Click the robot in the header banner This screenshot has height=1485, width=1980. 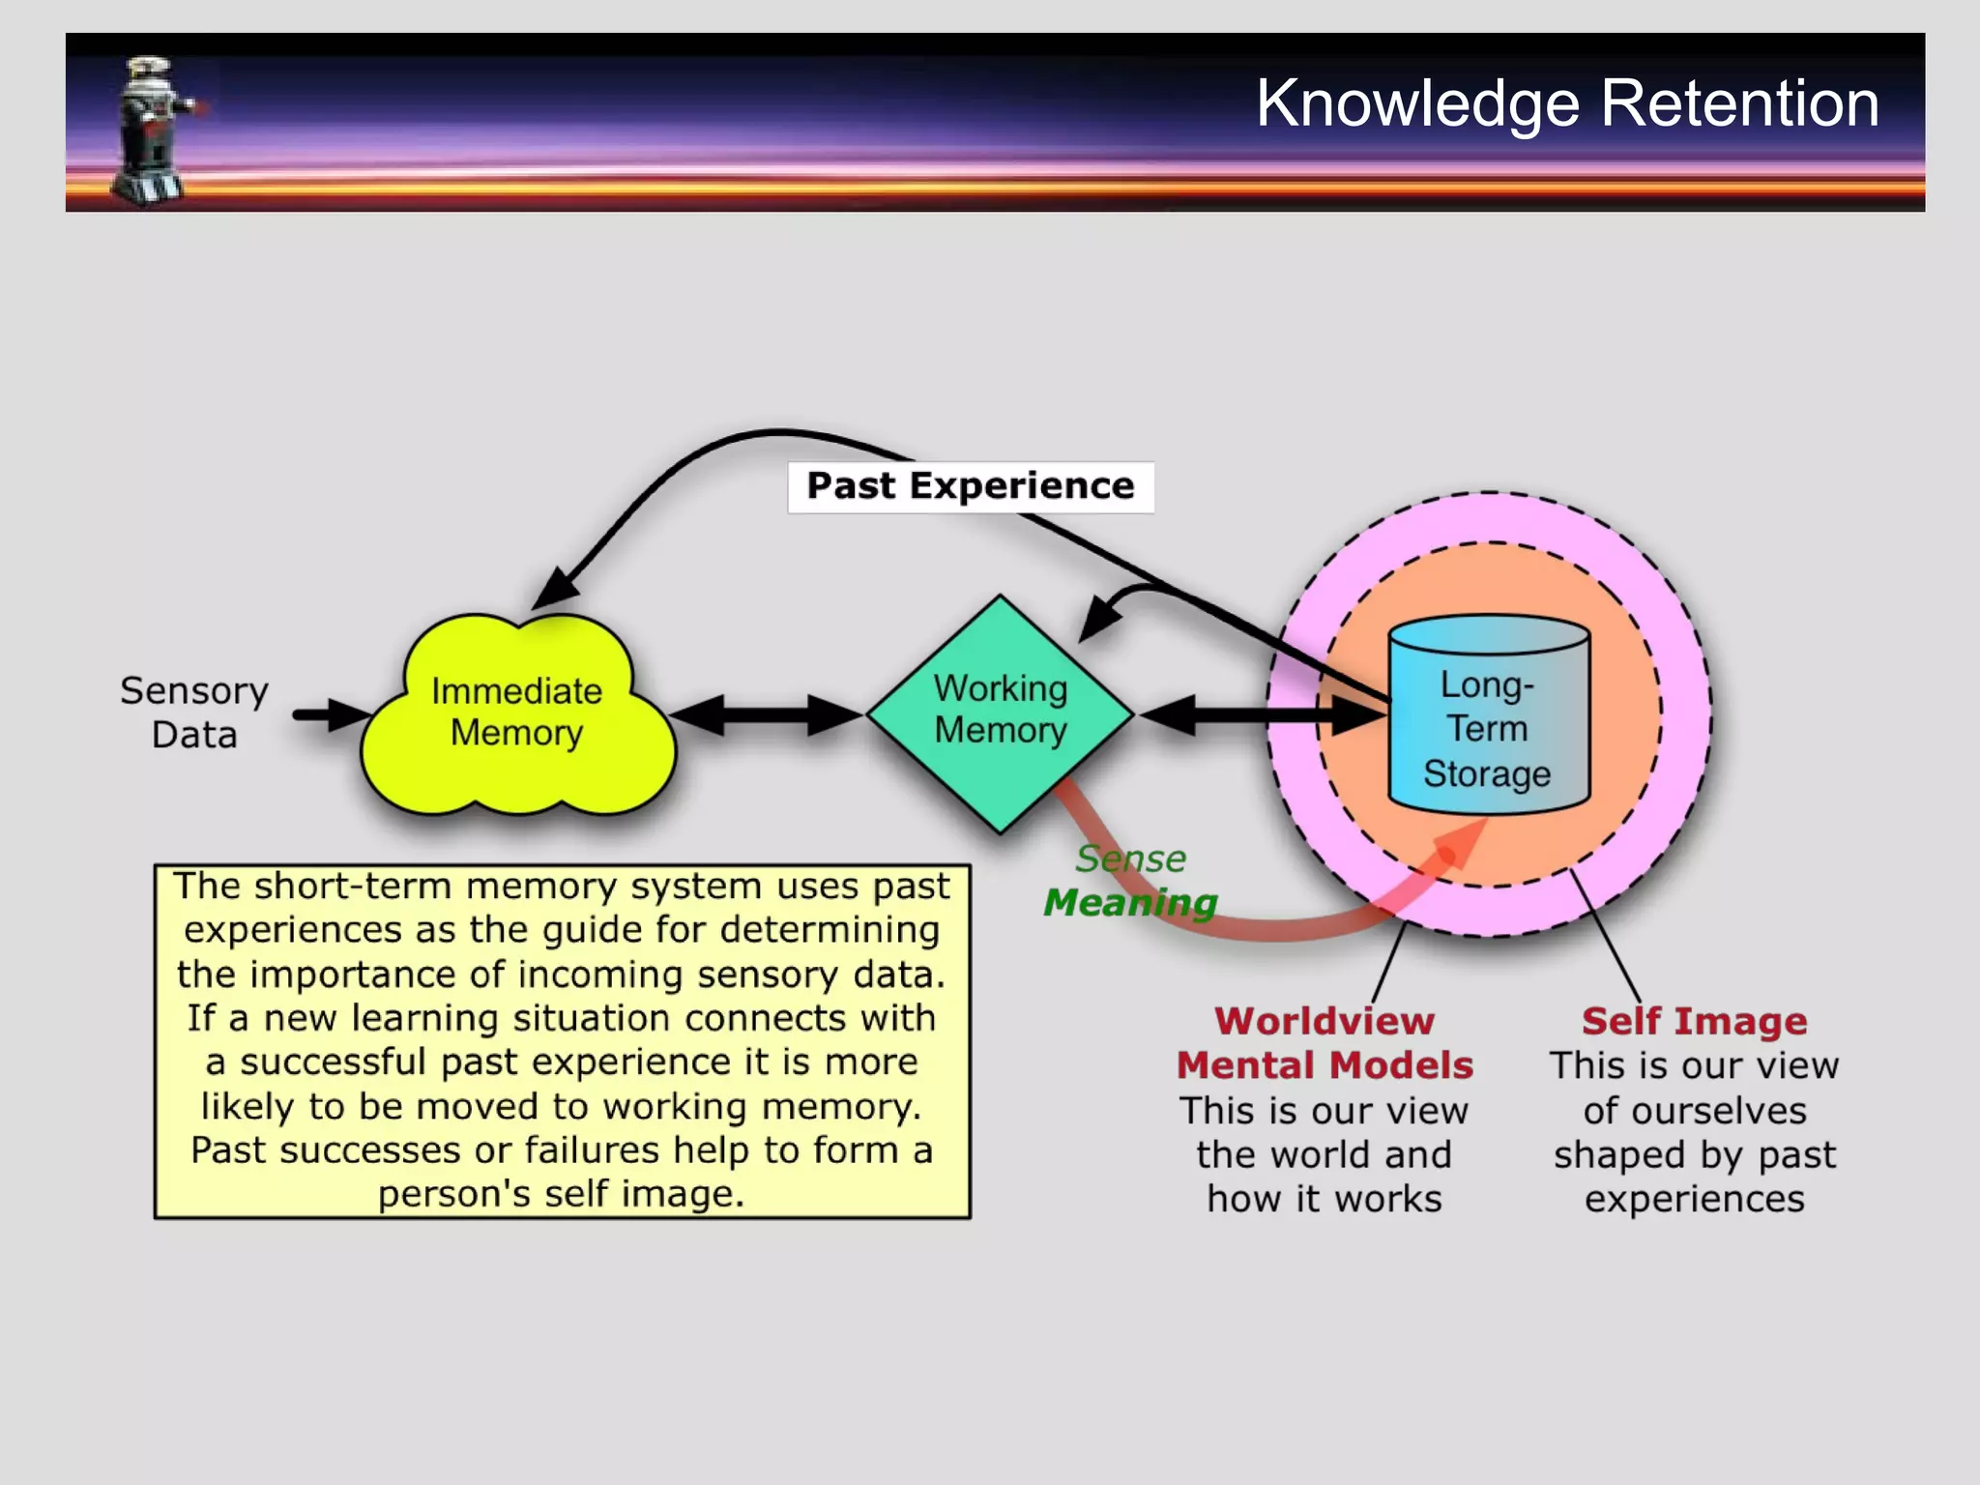[152, 131]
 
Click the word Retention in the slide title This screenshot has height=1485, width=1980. [1739, 103]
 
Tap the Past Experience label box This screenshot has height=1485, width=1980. [970, 486]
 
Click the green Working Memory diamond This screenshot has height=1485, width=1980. [1001, 715]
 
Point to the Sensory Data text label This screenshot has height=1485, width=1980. [194, 713]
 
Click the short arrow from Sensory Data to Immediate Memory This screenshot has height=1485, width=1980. [329, 715]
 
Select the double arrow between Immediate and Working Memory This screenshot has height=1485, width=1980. [766, 715]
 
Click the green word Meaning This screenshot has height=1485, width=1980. [1130, 903]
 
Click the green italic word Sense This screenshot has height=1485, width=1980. [1130, 859]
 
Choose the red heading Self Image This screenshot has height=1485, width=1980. [1694, 1021]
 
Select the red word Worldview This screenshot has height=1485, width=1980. [1325, 1021]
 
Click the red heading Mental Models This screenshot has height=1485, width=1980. [1325, 1065]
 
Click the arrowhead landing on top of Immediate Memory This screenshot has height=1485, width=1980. [555, 590]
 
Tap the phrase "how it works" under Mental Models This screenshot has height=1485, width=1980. [1325, 1199]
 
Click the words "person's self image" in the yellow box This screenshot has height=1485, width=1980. [561, 1194]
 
